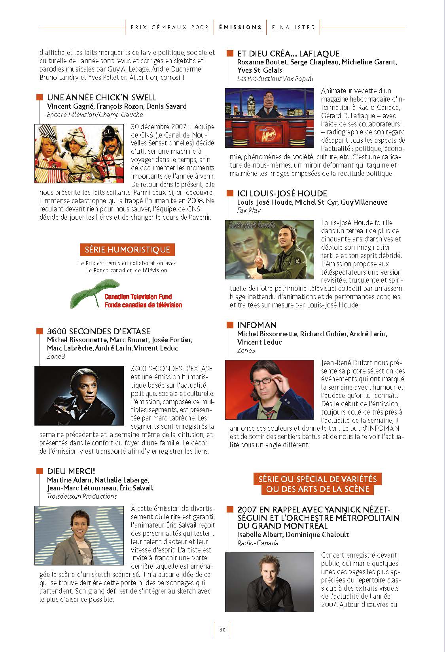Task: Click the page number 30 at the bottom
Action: (222, 630)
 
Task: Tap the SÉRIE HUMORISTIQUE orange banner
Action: (127, 250)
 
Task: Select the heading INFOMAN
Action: (257, 325)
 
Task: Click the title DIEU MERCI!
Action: (71, 471)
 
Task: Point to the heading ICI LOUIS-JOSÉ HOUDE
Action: (282, 193)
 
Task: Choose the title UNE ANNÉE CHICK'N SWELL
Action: (101, 97)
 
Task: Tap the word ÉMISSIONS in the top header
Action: (240, 27)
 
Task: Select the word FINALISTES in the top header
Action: (293, 27)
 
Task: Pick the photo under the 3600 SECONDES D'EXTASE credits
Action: (79, 396)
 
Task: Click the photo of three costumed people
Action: (79, 153)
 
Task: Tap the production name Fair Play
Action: (249, 211)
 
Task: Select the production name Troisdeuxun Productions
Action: (81, 496)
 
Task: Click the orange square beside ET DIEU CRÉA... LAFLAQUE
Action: (229, 53)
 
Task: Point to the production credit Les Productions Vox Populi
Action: (275, 79)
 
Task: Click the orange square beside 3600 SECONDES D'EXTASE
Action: (39, 331)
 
